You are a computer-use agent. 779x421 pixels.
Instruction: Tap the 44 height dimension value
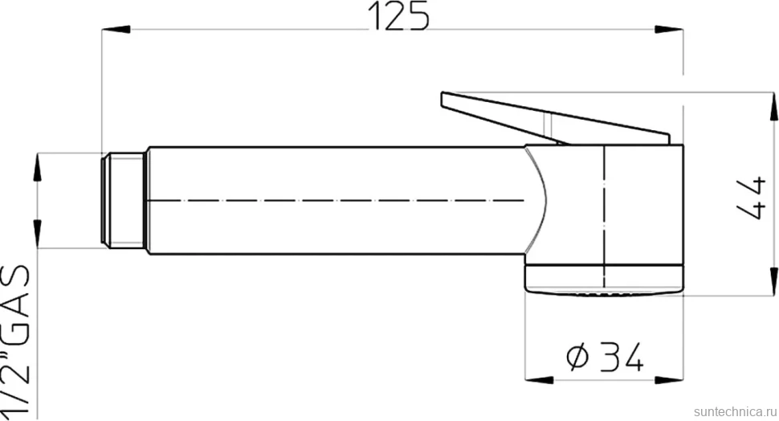(751, 198)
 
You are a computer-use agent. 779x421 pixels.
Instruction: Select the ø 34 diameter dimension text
(605, 357)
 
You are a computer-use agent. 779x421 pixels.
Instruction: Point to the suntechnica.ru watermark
(736, 412)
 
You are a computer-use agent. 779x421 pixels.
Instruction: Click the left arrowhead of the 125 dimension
(116, 30)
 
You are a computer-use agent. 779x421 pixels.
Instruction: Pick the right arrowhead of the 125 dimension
(669, 30)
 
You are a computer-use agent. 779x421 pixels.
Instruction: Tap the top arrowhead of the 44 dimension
(774, 106)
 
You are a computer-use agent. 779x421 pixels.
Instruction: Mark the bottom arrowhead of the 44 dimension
(774, 281)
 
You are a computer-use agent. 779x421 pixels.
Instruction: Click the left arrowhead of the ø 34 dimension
(539, 380)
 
